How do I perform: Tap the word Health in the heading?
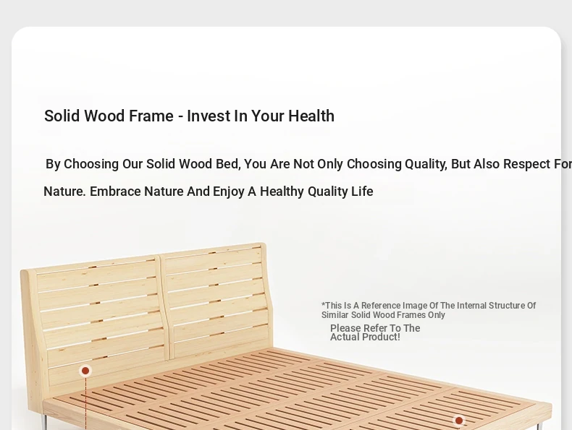coord(311,116)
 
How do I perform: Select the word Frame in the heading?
coord(151,116)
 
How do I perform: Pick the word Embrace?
coord(115,192)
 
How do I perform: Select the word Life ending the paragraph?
coord(362,192)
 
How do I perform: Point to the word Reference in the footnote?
coord(380,306)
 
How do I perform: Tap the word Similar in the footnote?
coord(335,315)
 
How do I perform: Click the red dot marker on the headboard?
coord(85,371)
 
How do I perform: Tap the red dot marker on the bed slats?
coord(459,421)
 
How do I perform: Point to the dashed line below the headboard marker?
coord(86,403)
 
